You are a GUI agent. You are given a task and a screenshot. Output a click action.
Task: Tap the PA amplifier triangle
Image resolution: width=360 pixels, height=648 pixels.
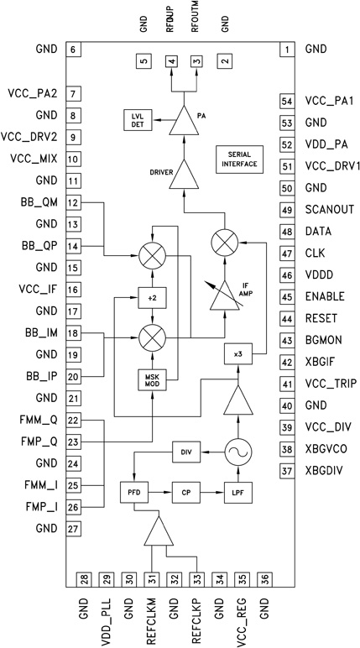pyautogui.click(x=184, y=122)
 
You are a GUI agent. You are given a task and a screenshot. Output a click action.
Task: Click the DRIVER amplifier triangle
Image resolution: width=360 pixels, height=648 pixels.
pyautogui.click(x=184, y=175)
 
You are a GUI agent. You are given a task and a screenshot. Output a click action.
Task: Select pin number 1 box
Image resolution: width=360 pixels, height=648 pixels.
pyautogui.click(x=288, y=50)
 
